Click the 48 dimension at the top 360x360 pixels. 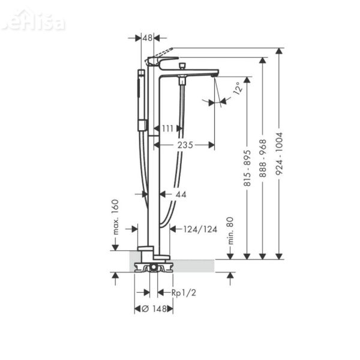pyautogui.click(x=148, y=38)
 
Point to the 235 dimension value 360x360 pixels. pyautogui.click(x=184, y=145)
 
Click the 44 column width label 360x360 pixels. pyautogui.click(x=181, y=194)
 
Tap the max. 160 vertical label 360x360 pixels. pyautogui.click(x=116, y=217)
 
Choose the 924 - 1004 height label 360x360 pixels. pyautogui.click(x=278, y=153)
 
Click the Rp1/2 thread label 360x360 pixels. pyautogui.click(x=184, y=292)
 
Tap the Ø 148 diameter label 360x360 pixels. pyautogui.click(x=154, y=308)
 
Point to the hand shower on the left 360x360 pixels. pyautogui.click(x=142, y=99)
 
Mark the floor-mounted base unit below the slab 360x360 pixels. pyautogui.click(x=154, y=266)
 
